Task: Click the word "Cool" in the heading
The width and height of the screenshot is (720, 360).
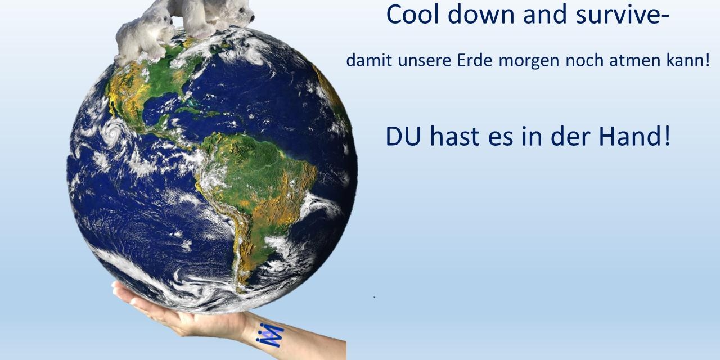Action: pos(413,15)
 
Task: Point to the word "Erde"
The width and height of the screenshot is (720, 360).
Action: pos(475,60)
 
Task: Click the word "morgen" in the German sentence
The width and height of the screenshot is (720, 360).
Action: pos(529,62)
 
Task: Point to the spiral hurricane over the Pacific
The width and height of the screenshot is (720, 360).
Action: pos(113,132)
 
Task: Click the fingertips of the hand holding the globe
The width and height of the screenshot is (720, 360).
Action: pos(116,287)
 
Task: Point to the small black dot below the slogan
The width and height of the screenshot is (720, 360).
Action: pos(375,298)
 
